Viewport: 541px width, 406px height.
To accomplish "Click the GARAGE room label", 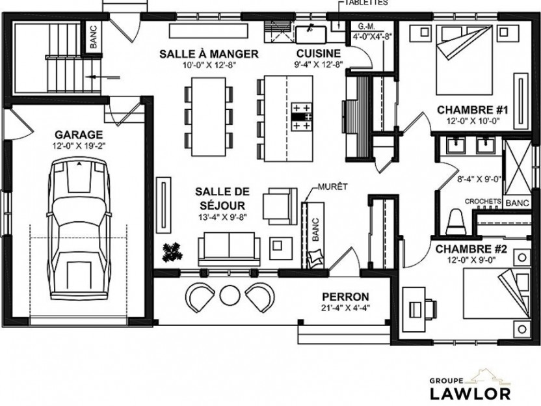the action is tap(79, 134).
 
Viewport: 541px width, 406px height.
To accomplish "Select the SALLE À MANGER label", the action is tap(209, 54).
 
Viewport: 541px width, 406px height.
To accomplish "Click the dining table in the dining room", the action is tap(208, 116).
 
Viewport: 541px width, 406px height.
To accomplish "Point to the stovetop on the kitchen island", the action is tap(302, 116).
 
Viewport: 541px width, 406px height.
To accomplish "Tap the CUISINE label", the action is tap(319, 53).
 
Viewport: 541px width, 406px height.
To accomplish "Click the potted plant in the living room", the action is tap(172, 252).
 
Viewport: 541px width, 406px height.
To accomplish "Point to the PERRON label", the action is tap(345, 297).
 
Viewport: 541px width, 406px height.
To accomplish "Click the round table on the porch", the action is tap(230, 295).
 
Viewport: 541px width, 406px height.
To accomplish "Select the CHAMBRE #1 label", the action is tap(472, 110).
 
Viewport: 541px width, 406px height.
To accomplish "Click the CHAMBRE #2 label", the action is tap(471, 249).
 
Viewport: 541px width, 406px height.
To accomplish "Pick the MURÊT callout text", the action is tap(333, 187).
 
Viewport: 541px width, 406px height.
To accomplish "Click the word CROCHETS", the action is tap(482, 201).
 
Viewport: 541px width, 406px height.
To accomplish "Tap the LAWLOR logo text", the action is tap(470, 393).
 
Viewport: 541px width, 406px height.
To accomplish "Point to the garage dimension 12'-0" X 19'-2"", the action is tap(79, 146).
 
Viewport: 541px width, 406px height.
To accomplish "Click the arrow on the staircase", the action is tap(103, 77).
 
